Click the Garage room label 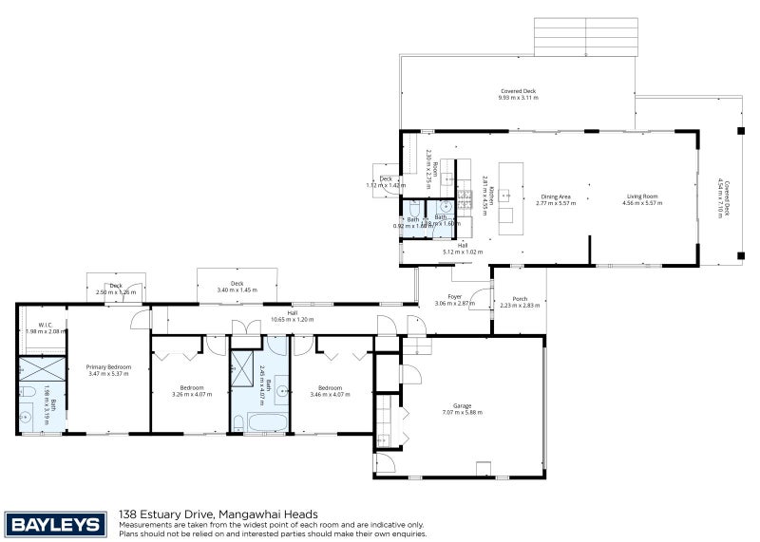click(x=463, y=405)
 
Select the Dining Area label click(x=556, y=196)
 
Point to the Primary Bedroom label click(x=107, y=366)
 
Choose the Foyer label click(x=454, y=296)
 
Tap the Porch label click(x=519, y=297)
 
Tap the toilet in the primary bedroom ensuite click(x=29, y=392)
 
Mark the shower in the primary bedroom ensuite click(x=42, y=367)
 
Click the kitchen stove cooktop click(x=465, y=198)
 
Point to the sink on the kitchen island click(x=506, y=196)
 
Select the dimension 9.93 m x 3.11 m click(x=518, y=98)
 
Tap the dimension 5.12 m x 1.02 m click(x=463, y=252)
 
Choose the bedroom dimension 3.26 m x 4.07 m click(x=193, y=394)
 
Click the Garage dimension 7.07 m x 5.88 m click(x=463, y=413)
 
